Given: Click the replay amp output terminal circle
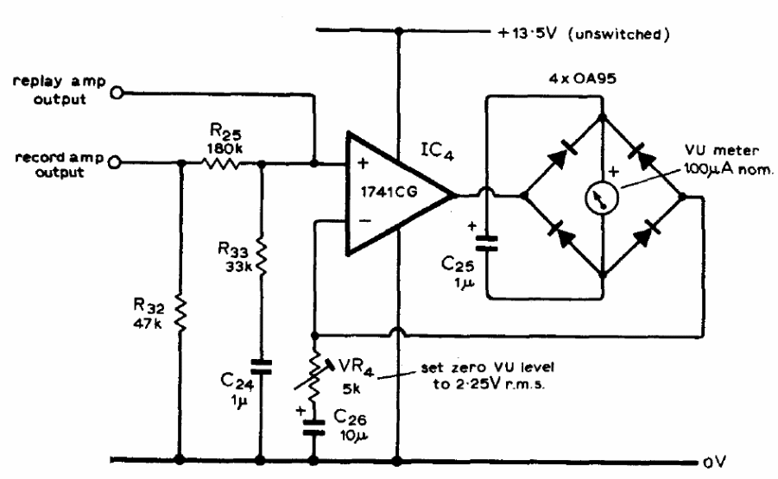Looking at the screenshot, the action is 117,92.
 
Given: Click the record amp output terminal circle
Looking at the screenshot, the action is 115,162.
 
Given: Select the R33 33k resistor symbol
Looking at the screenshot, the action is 261,257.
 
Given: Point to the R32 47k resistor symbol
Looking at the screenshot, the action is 180,313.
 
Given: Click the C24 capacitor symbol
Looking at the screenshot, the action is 261,367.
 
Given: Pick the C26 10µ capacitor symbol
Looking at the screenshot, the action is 313,427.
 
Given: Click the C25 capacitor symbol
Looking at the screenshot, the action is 487,243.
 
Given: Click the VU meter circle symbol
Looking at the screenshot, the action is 602,198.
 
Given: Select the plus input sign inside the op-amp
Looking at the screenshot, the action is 363,162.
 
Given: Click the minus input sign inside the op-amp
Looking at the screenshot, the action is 364,221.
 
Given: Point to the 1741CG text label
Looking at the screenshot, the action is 389,192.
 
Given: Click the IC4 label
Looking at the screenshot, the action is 437,151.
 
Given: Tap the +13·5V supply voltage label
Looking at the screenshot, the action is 527,34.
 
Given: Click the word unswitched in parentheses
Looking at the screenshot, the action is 619,35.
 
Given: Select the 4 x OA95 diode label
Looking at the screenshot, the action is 582,79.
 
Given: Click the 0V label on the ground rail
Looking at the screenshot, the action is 714,462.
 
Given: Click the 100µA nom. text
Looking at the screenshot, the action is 729,169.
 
